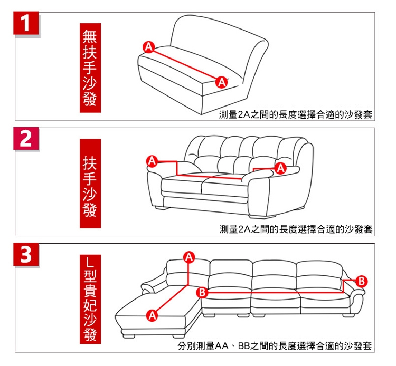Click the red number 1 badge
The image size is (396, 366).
pos(26,23)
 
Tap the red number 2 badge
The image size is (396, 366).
pos(26,139)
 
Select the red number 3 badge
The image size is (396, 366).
pos(26,254)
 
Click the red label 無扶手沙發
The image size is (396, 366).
pos(90,68)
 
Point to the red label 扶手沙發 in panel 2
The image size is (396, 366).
pos(90,184)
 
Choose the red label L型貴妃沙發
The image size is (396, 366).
pos(90,299)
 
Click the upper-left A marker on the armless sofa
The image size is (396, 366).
pos(149,47)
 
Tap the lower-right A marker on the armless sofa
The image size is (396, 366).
pos(221,82)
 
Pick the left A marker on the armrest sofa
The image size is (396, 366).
pos(152,161)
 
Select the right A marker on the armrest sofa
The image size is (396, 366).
pos(280,168)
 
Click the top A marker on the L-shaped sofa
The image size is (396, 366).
pos(189,257)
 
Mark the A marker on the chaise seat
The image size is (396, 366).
pos(152,315)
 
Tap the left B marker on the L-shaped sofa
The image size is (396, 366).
pos(202,293)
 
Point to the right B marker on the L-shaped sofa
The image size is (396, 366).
pos(361,281)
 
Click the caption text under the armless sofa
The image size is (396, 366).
pos(296,115)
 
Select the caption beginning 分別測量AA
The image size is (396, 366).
pos(275,346)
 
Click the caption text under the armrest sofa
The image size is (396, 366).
pos(296,229)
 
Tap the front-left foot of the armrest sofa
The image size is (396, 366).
pos(162,208)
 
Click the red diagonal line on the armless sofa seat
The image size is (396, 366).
pos(185,64)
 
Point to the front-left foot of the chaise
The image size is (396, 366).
pos(129,336)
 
